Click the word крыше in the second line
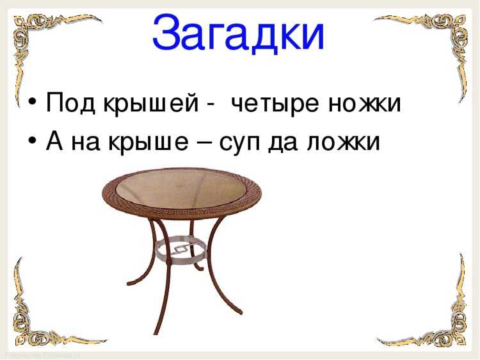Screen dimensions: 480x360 [148, 143]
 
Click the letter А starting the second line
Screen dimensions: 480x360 [55, 141]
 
